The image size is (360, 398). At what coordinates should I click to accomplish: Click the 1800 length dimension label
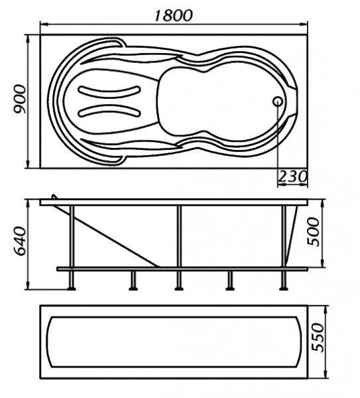[174, 15]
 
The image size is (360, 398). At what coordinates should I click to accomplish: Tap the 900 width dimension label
[20, 99]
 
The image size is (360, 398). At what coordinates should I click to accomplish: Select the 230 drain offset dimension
[292, 176]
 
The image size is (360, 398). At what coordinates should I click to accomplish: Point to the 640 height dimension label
[20, 241]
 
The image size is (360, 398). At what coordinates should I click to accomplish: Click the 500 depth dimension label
[313, 232]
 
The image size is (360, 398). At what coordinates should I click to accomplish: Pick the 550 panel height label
[318, 338]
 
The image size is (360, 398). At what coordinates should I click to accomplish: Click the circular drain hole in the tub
[278, 101]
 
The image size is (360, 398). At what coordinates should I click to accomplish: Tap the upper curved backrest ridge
[109, 92]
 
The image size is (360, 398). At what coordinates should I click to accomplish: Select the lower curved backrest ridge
[109, 111]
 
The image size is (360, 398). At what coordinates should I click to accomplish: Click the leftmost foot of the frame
[72, 289]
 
